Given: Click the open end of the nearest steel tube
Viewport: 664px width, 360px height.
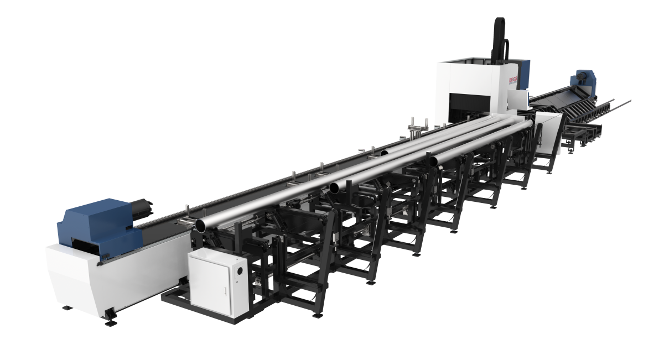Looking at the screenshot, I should (x=201, y=224).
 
